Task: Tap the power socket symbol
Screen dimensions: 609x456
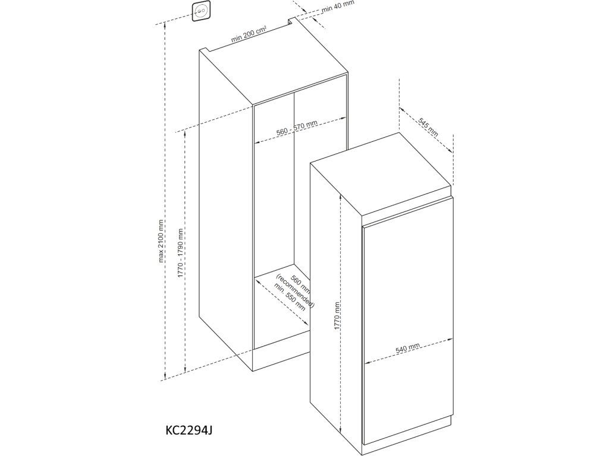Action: point(200,11)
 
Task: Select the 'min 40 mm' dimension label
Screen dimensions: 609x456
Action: point(337,7)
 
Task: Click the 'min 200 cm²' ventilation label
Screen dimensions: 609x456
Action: point(249,37)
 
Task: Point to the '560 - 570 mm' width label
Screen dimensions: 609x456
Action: point(297,128)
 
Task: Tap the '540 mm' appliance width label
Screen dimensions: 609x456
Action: point(408,347)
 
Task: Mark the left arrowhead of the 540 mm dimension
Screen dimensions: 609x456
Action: point(366,361)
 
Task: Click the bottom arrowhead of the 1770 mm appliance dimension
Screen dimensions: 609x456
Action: point(341,432)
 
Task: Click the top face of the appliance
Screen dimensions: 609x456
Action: point(381,179)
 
